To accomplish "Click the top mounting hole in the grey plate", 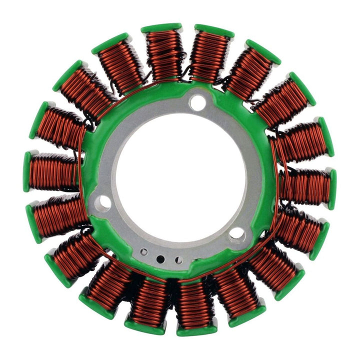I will (x=197, y=103).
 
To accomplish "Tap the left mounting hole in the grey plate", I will (x=104, y=202).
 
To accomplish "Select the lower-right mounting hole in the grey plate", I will (x=237, y=233).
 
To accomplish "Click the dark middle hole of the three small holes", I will (x=160, y=259).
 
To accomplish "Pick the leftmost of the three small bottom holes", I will (x=144, y=252).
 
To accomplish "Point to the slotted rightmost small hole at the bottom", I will (x=177, y=259).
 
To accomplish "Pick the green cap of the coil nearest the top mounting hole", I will (x=214, y=30).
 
